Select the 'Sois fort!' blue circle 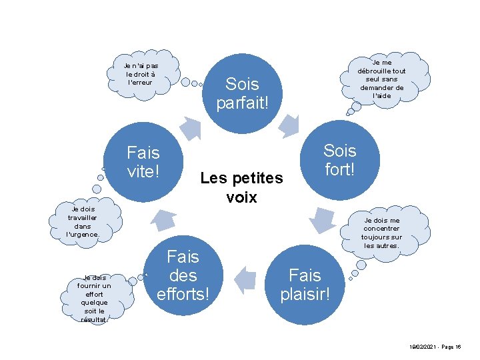point(340,160)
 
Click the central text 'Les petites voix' point(242,187)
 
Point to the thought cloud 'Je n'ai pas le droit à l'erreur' point(141,74)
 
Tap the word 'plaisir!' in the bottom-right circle point(305,293)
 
